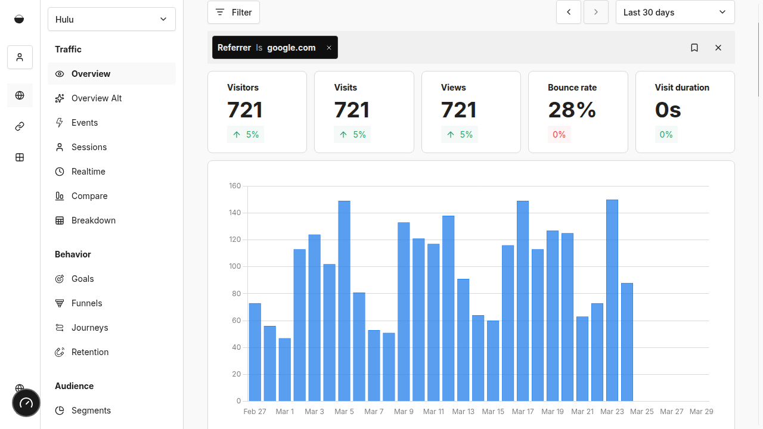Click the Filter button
point(234,13)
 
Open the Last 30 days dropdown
point(675,13)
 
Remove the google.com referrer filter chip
point(328,48)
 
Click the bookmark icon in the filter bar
point(694,48)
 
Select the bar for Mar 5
point(344,301)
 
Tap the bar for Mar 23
point(612,300)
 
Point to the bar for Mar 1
point(285,369)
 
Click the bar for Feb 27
point(255,352)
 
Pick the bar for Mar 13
point(463,340)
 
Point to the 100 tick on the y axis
point(235,266)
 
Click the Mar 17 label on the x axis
point(523,412)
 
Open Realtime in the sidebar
point(88,172)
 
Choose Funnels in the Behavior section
point(87,303)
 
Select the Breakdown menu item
point(94,220)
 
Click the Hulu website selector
point(111,19)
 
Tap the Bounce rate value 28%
point(572,110)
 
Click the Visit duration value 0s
point(668,110)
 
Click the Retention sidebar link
point(90,352)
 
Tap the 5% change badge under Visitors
point(246,135)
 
